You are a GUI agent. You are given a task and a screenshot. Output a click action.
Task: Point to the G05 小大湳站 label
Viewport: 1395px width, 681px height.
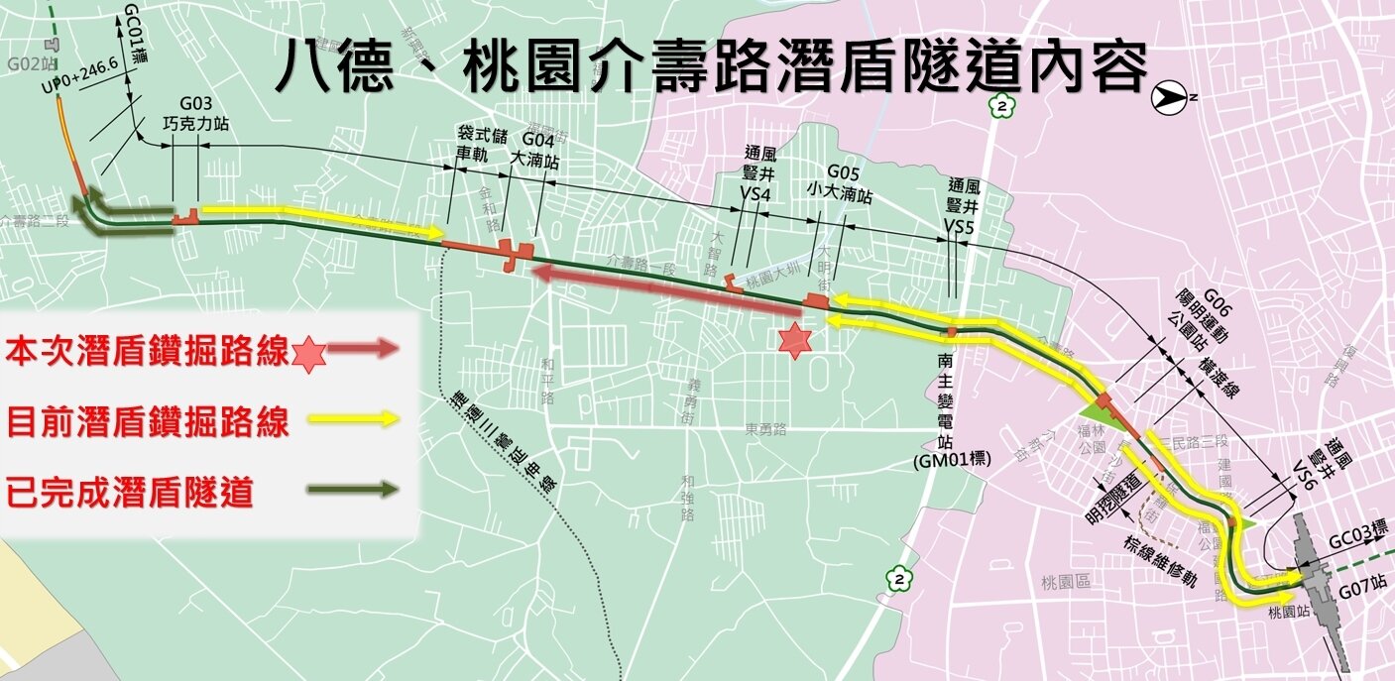(x=838, y=178)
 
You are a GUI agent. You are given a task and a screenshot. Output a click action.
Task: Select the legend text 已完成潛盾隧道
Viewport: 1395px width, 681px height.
(x=129, y=491)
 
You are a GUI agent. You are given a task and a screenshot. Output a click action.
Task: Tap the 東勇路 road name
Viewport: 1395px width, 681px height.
(x=765, y=430)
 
